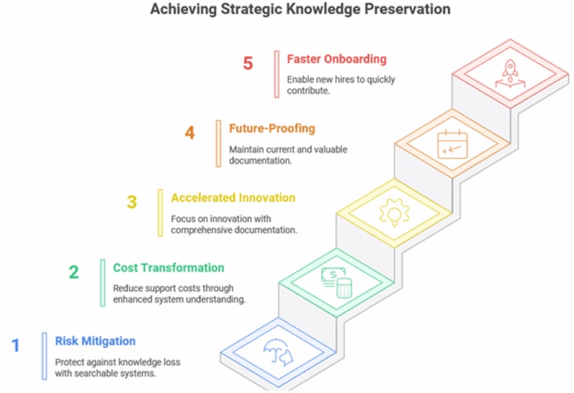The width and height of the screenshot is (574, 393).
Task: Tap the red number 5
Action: click(248, 64)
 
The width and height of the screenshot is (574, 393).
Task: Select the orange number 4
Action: click(190, 133)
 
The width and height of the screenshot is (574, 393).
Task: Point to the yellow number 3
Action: click(132, 202)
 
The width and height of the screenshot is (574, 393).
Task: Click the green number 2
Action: click(74, 272)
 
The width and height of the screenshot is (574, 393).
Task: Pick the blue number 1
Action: click(15, 344)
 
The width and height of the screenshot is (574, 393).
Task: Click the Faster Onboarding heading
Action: click(337, 59)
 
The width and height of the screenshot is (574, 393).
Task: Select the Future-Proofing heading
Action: click(272, 128)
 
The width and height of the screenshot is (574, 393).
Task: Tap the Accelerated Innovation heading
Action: click(233, 198)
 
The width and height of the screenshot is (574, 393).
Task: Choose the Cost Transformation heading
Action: click(169, 267)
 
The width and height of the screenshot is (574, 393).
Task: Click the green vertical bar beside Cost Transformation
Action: click(102, 282)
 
